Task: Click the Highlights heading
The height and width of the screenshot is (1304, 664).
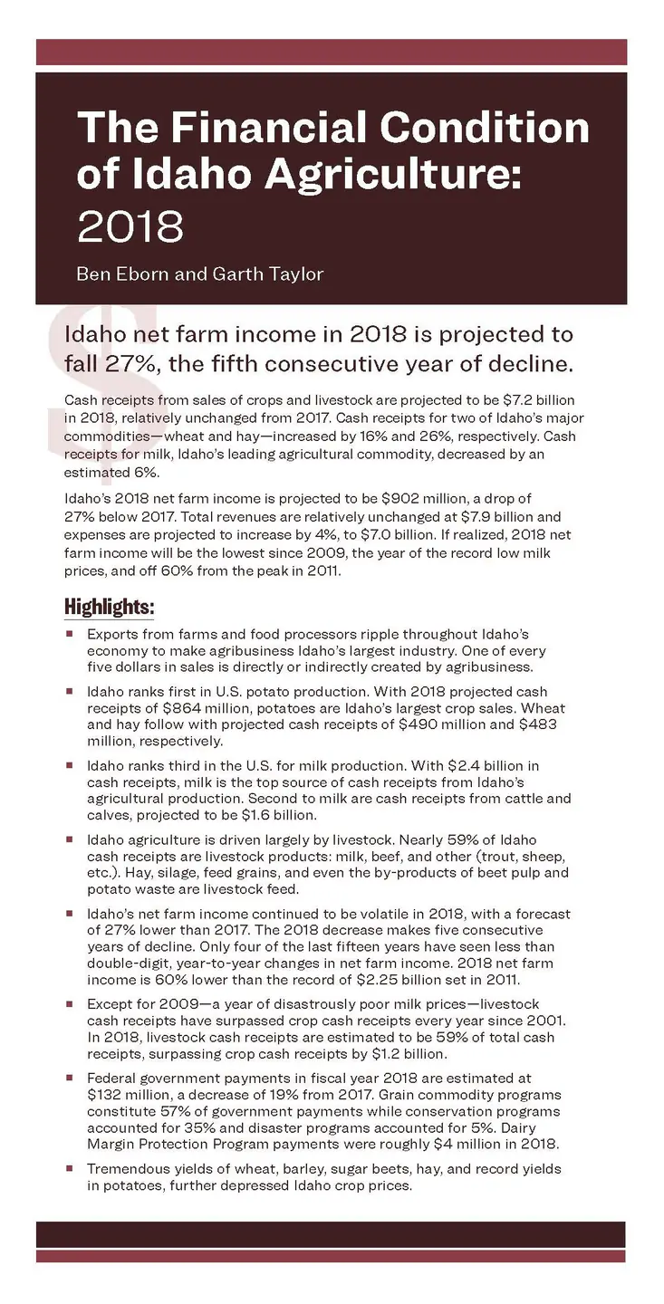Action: (x=110, y=605)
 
